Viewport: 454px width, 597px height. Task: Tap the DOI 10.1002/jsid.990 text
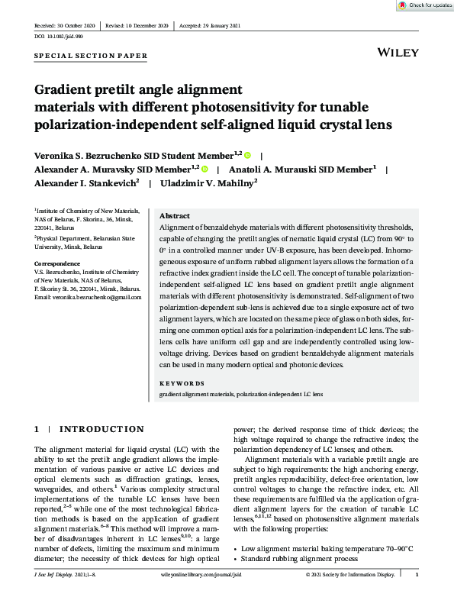60,36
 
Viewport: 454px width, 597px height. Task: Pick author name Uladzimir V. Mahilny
207,183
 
